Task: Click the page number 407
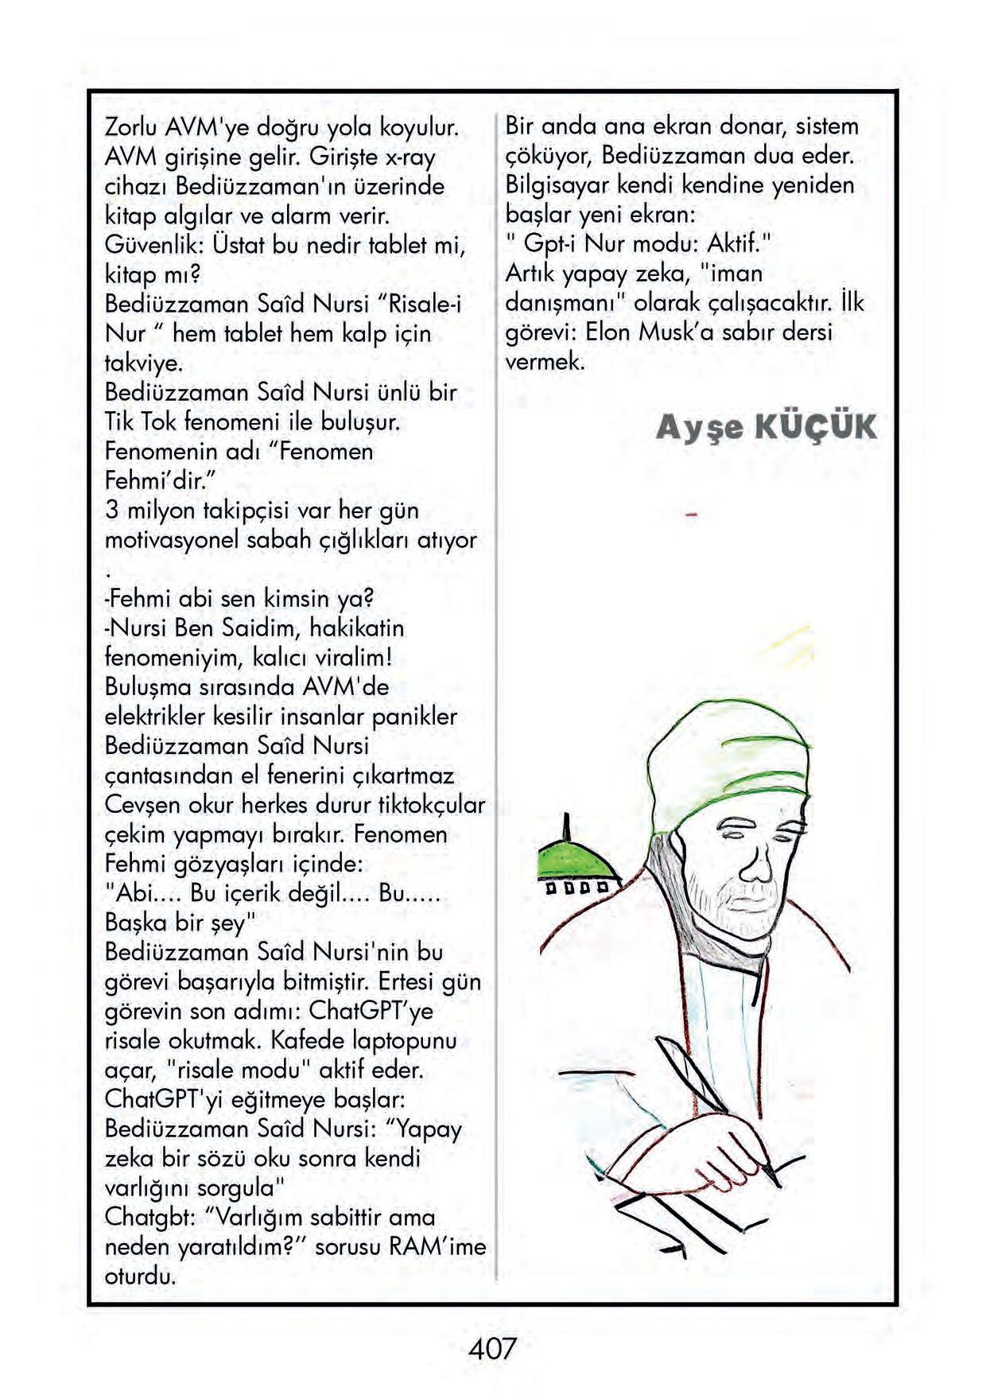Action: click(492, 1348)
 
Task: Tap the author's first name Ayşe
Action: click(700, 428)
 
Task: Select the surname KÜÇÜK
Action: click(814, 427)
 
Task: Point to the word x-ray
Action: click(408, 157)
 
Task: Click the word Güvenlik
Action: click(155, 245)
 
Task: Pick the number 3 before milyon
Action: click(112, 510)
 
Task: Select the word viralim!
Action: click(353, 658)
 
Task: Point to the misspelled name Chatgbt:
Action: click(150, 1217)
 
